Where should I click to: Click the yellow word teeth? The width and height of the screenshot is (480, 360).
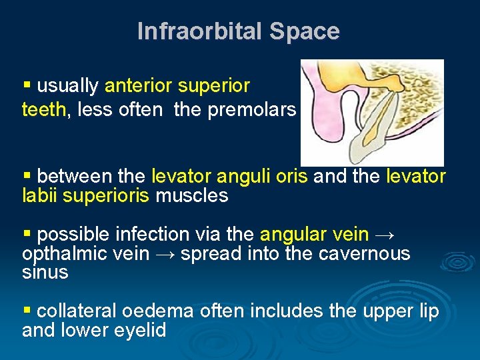point(43,109)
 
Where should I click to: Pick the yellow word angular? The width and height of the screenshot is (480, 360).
point(291,235)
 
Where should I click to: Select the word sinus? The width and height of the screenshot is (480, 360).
point(45,273)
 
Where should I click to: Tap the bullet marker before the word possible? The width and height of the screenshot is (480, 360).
point(27,234)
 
